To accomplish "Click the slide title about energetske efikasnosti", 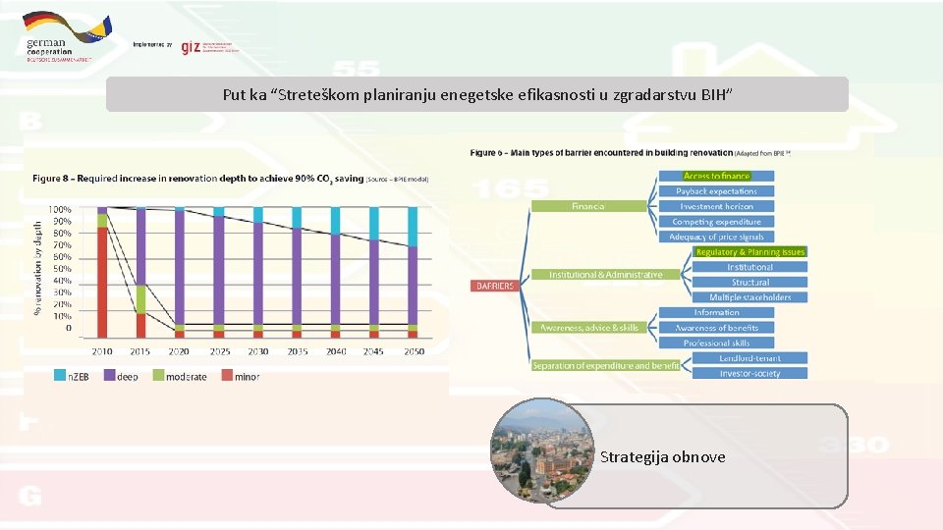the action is pyautogui.click(x=476, y=95).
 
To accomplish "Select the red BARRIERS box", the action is pyautogui.click(x=494, y=286).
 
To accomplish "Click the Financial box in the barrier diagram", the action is pyautogui.click(x=588, y=206).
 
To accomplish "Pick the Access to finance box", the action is pyautogui.click(x=715, y=176).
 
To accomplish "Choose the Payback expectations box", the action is pyautogui.click(x=716, y=191).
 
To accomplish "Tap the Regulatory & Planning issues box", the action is pyautogui.click(x=749, y=252).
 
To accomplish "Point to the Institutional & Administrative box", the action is pyautogui.click(x=605, y=275).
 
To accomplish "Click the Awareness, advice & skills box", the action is pyautogui.click(x=588, y=328).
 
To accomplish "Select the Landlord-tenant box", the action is pyautogui.click(x=749, y=358).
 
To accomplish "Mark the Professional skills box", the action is pyautogui.click(x=716, y=343).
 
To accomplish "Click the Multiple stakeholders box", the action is pyautogui.click(x=749, y=297).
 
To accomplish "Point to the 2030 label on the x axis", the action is pyautogui.click(x=257, y=351).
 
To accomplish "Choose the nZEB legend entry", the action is pyautogui.click(x=72, y=377).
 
